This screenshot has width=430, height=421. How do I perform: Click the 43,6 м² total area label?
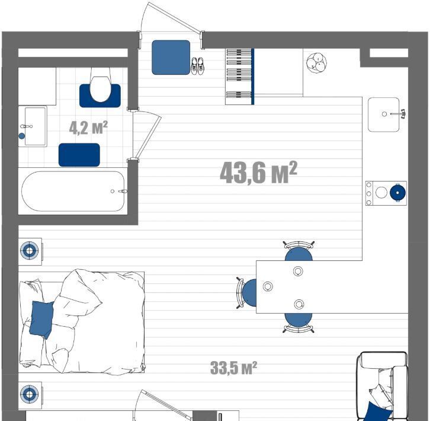click(x=258, y=173)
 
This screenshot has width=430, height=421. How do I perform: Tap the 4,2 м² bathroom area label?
click(x=88, y=127)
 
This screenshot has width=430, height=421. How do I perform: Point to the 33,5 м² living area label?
click(x=233, y=368)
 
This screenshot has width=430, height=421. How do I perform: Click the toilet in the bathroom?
click(x=100, y=85)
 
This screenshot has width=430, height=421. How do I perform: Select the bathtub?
click(x=73, y=191)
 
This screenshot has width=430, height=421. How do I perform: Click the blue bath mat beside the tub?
click(x=79, y=155)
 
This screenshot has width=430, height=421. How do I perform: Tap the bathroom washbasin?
click(x=35, y=126)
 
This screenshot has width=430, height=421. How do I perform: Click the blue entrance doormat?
click(x=171, y=57)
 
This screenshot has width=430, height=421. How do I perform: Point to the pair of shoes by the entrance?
click(x=197, y=66)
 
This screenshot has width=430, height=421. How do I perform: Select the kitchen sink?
click(x=384, y=114)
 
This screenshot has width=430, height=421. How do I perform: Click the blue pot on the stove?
click(x=397, y=193)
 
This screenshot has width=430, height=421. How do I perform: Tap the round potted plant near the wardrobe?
click(x=317, y=63)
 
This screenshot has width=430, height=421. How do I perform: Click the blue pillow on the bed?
click(x=41, y=319)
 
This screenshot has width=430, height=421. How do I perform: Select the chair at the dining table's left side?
click(x=247, y=293)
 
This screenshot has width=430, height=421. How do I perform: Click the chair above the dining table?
click(x=299, y=251)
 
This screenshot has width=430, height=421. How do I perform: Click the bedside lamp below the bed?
click(x=30, y=394)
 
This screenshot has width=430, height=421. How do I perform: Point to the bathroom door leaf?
click(x=148, y=138)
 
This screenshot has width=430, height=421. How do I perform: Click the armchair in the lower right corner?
click(x=382, y=386)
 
